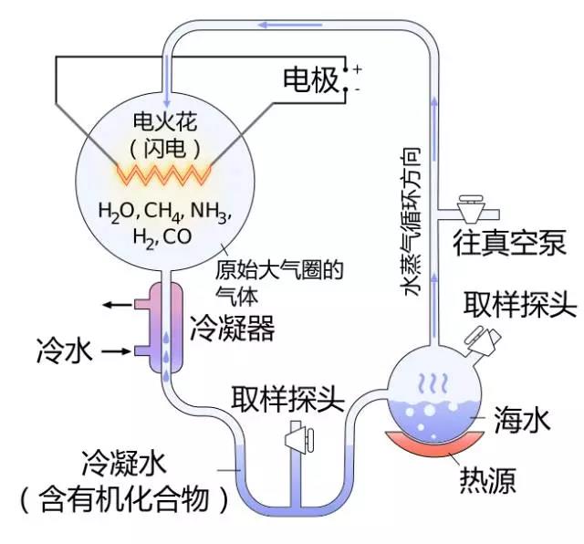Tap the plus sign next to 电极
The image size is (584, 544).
(x=357, y=68)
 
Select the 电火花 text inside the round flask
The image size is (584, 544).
(x=164, y=120)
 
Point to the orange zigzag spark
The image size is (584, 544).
(x=164, y=171)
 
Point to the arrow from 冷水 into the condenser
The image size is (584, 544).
(x=117, y=350)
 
